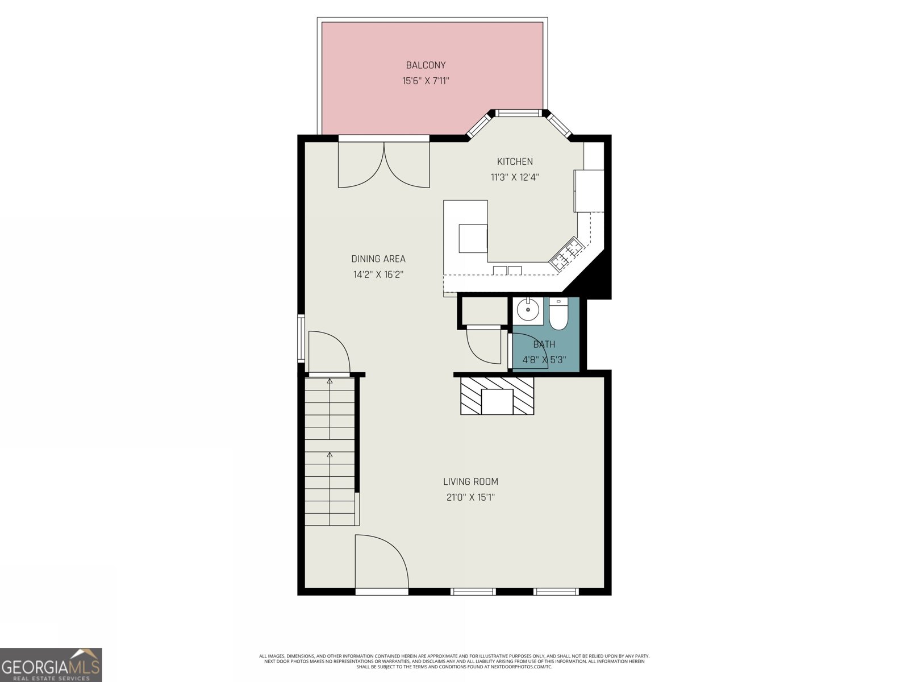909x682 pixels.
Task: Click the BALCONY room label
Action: (426, 65)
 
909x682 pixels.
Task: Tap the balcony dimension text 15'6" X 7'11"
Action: (426, 81)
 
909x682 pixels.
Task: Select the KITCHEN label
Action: (515, 161)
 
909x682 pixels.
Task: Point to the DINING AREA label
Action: (378, 259)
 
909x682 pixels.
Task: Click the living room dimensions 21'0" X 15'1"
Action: (470, 497)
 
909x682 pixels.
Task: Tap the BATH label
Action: (544, 344)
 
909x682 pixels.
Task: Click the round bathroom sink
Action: (529, 310)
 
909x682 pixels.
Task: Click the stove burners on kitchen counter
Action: (569, 253)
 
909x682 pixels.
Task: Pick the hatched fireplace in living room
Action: (497, 394)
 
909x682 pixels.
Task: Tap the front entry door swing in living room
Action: (380, 562)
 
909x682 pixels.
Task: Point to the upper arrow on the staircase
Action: (330, 381)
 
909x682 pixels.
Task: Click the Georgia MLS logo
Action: (51, 664)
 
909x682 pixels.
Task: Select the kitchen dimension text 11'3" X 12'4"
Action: (515, 177)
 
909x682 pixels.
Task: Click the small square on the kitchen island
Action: (473, 238)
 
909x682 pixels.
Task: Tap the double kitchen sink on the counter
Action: (507, 271)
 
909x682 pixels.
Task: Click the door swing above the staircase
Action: (328, 352)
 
